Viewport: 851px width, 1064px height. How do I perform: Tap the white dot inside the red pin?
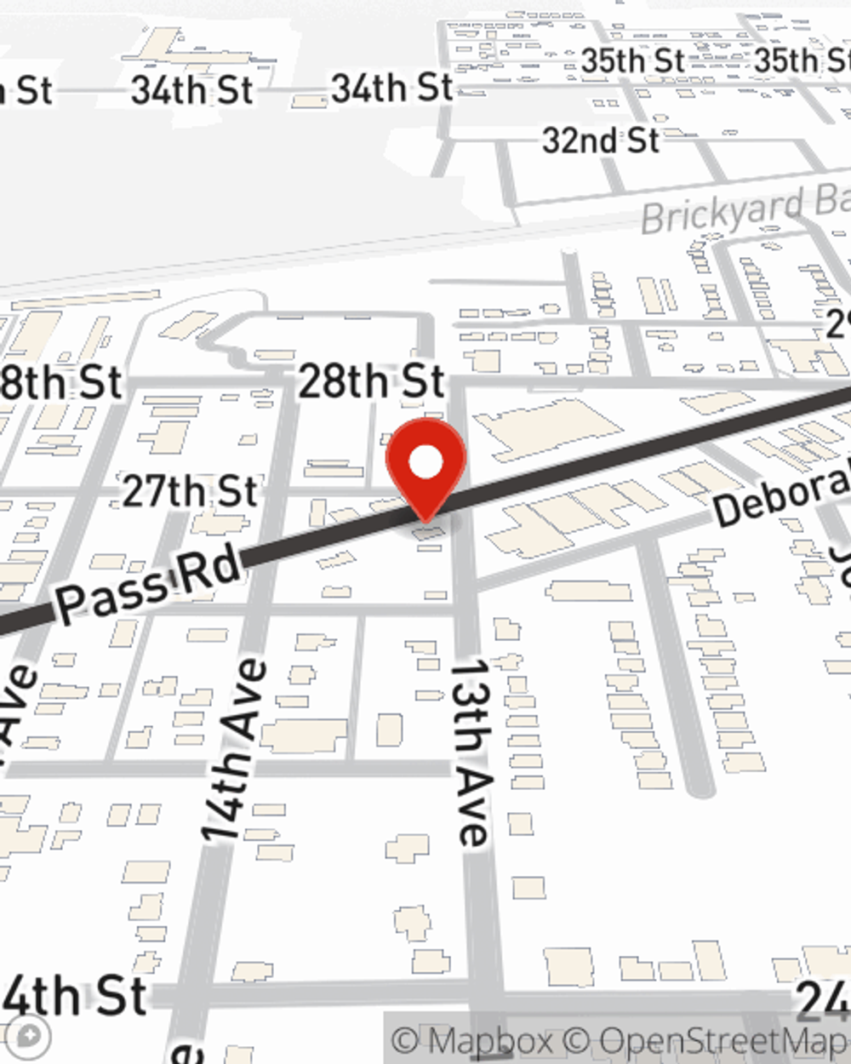(425, 462)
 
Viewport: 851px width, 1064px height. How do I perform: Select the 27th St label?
(189, 492)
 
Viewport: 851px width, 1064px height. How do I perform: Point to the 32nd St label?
(601, 140)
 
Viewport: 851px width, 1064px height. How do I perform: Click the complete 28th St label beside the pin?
(371, 380)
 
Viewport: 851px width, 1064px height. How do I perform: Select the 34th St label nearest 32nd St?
(391, 88)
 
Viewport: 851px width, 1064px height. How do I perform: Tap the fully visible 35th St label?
(633, 61)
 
